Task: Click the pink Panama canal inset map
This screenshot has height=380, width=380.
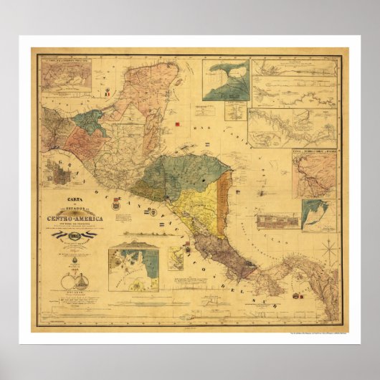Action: pos(314,176)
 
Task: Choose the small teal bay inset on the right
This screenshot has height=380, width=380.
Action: pos(316,213)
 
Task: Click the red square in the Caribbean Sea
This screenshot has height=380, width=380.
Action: pos(176,125)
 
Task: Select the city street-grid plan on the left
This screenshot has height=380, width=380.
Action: pos(59,173)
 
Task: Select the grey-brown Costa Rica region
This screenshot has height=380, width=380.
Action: pos(222,251)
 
